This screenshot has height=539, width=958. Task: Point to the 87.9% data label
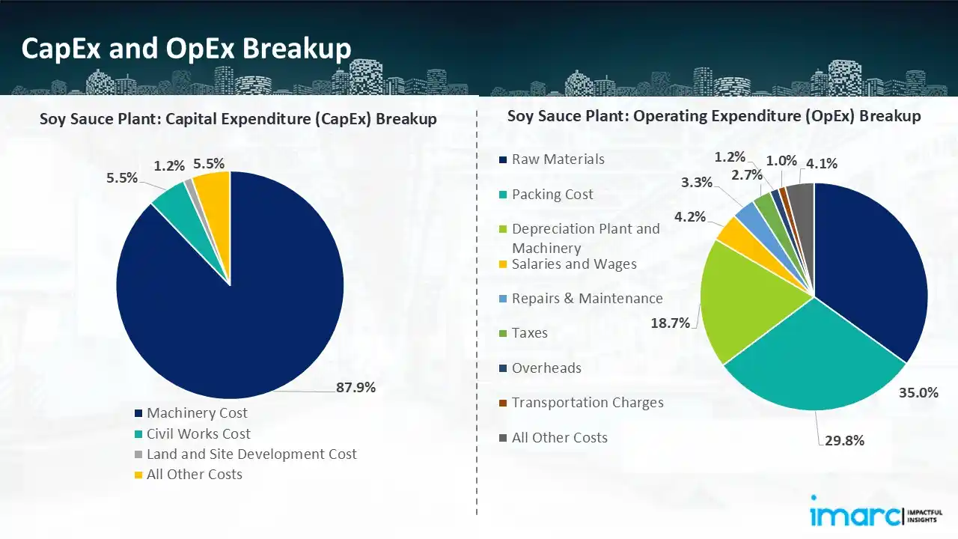(355, 387)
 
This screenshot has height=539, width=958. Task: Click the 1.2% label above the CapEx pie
(169, 165)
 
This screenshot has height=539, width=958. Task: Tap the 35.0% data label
(918, 392)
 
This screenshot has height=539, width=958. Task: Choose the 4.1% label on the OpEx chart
(821, 163)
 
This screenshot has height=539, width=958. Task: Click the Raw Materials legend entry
(558, 159)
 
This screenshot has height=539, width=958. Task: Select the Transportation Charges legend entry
(587, 402)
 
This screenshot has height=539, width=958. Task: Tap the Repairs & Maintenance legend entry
(587, 298)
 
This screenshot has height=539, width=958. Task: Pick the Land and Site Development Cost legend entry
(251, 454)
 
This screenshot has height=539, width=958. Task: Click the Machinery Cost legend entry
(196, 412)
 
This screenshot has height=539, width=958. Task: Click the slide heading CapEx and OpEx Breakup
(186, 48)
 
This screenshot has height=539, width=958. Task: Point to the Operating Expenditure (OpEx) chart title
(714, 116)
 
